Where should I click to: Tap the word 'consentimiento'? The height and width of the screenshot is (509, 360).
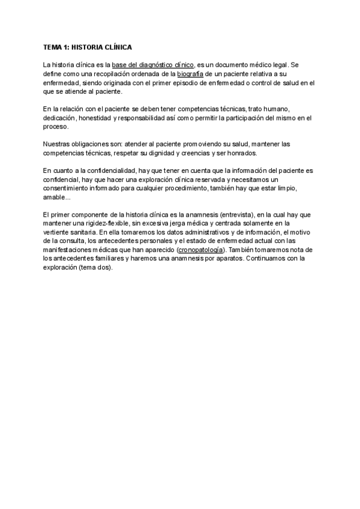tap(68, 188)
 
